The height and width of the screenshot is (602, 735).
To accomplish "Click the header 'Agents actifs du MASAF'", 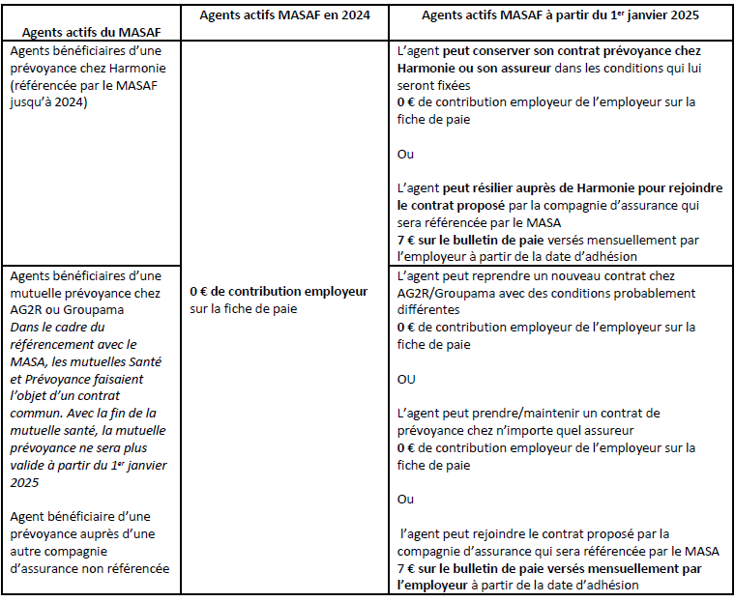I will click(84, 32).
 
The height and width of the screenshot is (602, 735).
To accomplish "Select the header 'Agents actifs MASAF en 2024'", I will click(279, 15).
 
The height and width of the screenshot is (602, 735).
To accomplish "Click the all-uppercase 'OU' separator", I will click(407, 380).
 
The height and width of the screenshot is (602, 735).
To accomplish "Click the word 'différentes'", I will click(428, 310).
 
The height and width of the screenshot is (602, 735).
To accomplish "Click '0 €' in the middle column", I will click(200, 291).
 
